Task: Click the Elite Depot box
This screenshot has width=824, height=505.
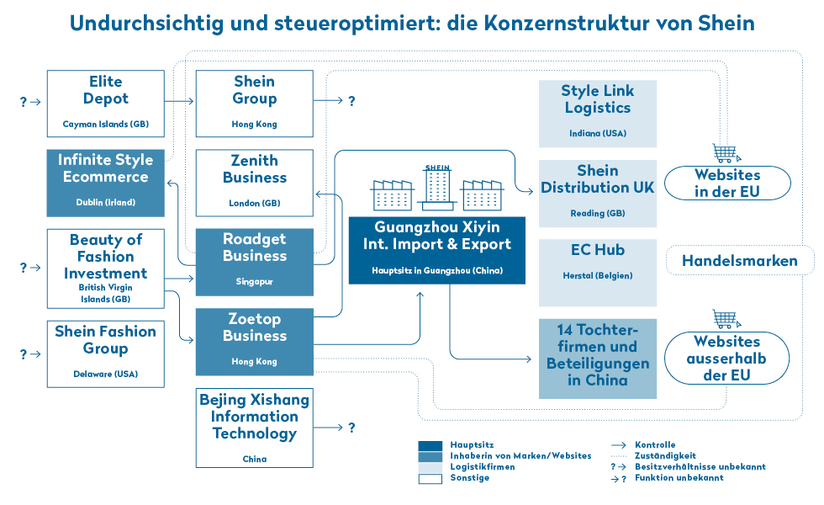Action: [x=106, y=104]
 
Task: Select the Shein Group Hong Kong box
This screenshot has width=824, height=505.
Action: [x=254, y=104]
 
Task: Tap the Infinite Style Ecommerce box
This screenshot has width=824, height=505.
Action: [x=106, y=183]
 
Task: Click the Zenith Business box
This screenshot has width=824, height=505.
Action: [x=254, y=183]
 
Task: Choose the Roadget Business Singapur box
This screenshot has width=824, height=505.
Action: [x=254, y=262]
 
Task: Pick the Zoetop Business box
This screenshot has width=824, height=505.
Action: [x=254, y=342]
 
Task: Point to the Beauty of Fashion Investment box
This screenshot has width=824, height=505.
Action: [x=106, y=268]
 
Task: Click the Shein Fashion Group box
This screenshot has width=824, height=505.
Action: [x=106, y=354]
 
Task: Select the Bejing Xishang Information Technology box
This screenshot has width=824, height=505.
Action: [x=254, y=428]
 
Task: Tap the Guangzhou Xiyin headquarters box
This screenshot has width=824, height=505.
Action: [x=436, y=251]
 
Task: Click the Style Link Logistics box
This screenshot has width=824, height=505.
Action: [x=598, y=114]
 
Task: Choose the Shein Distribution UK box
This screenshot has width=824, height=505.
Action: [x=598, y=194]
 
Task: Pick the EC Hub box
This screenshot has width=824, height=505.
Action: [x=598, y=273]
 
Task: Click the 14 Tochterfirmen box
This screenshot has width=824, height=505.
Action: [x=598, y=359]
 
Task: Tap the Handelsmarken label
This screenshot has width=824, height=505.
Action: [x=740, y=260]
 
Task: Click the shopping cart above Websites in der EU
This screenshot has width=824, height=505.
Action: [x=726, y=153]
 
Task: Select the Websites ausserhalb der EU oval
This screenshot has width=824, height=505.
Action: [x=726, y=359]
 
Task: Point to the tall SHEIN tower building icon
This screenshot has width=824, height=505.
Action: [x=437, y=187]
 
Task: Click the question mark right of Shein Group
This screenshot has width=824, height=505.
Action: [x=351, y=100]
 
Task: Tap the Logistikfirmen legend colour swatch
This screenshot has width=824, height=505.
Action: [x=430, y=468]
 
